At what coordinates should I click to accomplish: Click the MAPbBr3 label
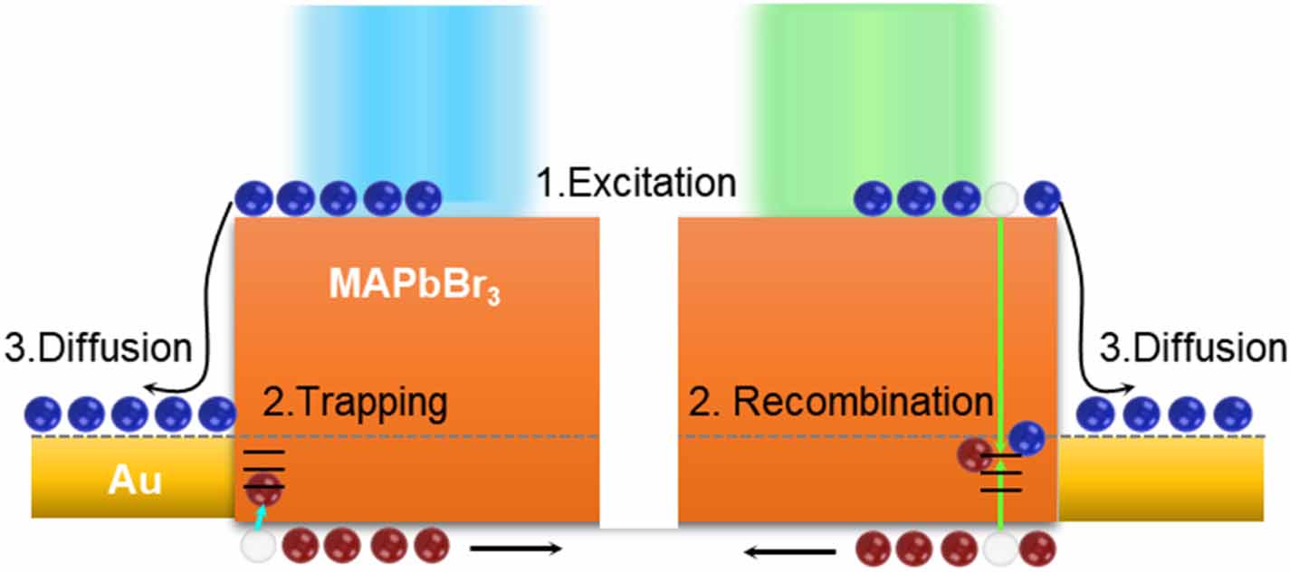point(415,285)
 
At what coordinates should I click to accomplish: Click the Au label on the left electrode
point(135,481)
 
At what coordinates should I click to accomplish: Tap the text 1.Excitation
point(635,183)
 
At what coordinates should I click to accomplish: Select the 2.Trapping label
point(355,403)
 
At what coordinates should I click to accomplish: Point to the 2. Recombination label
point(840,403)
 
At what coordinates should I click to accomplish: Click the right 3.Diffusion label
point(1192,348)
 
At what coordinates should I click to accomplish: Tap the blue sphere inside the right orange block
point(1027,439)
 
